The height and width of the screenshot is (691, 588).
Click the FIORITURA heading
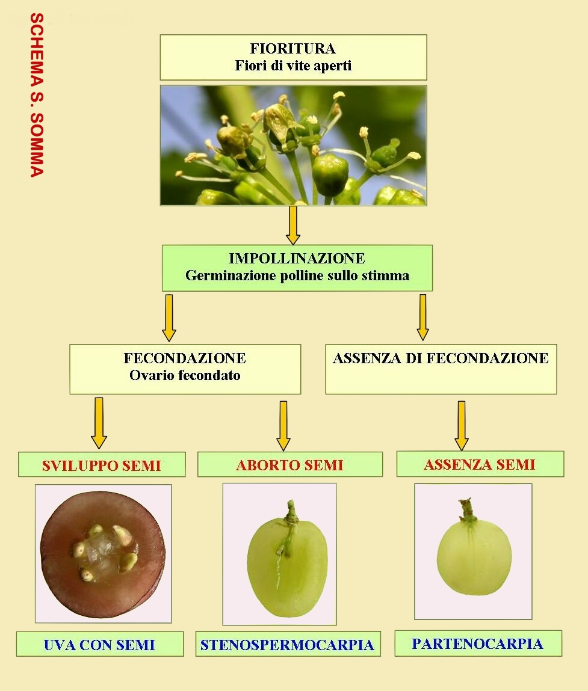pyautogui.click(x=293, y=48)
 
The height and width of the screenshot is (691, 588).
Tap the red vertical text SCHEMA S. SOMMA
pyautogui.click(x=37, y=95)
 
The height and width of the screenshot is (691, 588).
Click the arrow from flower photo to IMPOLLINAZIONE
pyautogui.click(x=293, y=225)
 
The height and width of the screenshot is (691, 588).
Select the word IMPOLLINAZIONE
pyautogui.click(x=297, y=258)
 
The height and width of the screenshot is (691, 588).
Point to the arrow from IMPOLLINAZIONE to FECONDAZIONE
pyautogui.click(x=169, y=318)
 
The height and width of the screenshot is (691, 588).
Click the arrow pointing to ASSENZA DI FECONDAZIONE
pyautogui.click(x=423, y=318)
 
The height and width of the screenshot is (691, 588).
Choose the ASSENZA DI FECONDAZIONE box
pyautogui.click(x=441, y=369)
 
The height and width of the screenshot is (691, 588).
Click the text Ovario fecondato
pyautogui.click(x=185, y=375)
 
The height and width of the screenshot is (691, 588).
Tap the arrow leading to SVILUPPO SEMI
pyautogui.click(x=99, y=423)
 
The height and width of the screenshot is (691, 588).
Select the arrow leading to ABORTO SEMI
pyautogui.click(x=283, y=426)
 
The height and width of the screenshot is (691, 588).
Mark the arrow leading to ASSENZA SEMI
pyautogui.click(x=462, y=426)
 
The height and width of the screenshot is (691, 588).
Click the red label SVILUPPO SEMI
pyautogui.click(x=102, y=466)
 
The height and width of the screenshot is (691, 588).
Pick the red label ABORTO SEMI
pyautogui.click(x=289, y=465)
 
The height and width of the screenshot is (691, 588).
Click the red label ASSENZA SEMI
pyautogui.click(x=480, y=464)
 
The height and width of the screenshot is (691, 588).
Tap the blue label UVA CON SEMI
pyautogui.click(x=99, y=645)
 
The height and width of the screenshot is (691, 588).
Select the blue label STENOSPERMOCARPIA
pyautogui.click(x=287, y=645)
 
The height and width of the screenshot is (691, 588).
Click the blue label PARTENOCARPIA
pyautogui.click(x=478, y=643)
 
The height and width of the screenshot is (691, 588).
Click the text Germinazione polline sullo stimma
pyautogui.click(x=297, y=275)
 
